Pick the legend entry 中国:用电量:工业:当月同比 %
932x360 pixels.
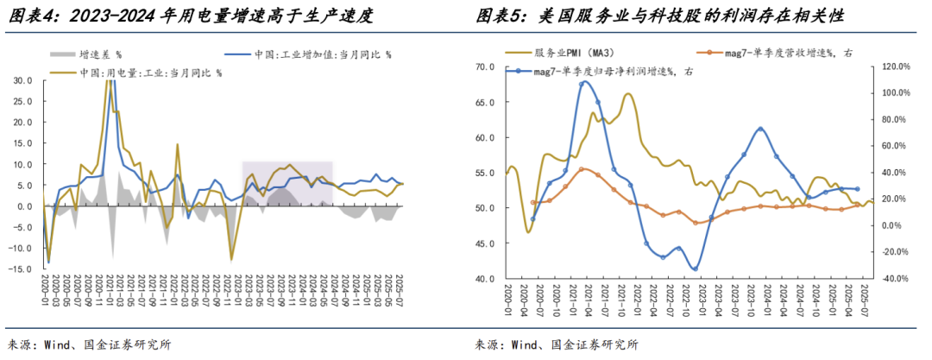pos(151,73)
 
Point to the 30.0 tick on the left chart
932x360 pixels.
pos(23,80)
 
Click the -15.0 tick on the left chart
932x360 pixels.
pos(22,269)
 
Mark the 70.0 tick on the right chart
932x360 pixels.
pos(484,66)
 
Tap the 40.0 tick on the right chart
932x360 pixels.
pos(484,279)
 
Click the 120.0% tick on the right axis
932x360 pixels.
pos(892,66)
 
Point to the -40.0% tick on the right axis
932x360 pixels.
pos(892,279)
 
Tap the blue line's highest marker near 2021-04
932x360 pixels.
pos(583,82)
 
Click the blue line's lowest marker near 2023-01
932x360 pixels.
pos(695,268)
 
